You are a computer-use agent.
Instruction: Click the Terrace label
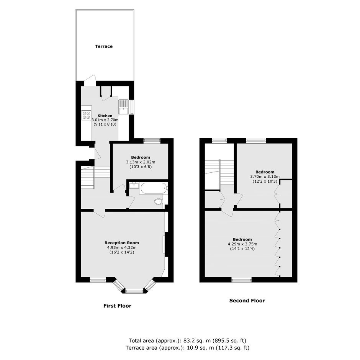coord(104,46)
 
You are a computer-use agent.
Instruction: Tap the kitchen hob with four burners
coord(86,115)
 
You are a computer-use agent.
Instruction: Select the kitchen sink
coord(124,107)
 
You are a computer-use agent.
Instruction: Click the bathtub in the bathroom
coord(154,188)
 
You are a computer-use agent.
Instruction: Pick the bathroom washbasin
coord(134,185)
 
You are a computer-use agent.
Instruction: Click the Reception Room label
coord(122,243)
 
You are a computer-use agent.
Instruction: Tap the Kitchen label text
coord(105,116)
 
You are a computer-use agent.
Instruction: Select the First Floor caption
coord(117,306)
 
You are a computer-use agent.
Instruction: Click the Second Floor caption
coord(247,301)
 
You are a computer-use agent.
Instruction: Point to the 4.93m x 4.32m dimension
coord(122,247)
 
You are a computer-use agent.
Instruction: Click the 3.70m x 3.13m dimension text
coord(265,177)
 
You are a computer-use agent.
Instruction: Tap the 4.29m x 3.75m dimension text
coord(242,244)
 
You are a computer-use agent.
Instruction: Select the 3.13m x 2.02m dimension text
coord(141,162)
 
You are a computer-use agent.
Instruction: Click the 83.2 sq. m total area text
coord(187,340)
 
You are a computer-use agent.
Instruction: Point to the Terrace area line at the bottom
coord(187,348)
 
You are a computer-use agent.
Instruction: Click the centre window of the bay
coord(134,291)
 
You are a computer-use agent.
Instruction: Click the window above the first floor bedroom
coord(152,141)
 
